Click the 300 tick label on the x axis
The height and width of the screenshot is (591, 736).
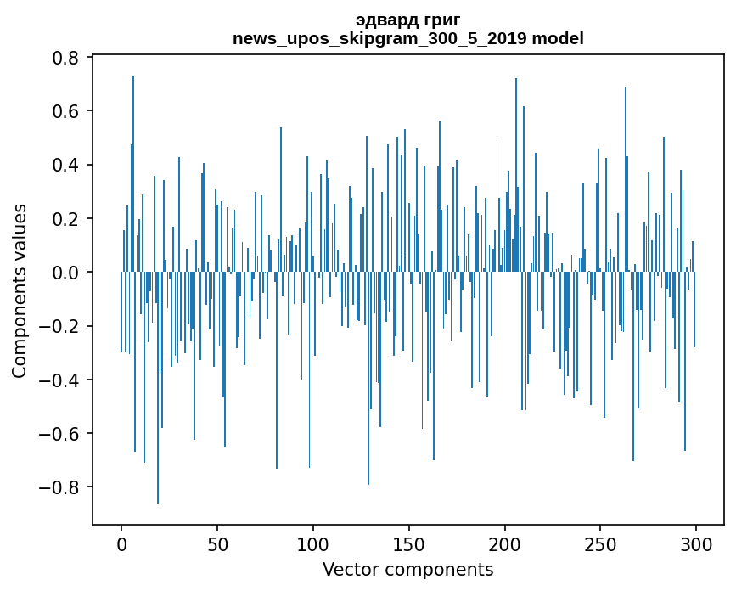point(696,543)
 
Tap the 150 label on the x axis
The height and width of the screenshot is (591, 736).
point(409,543)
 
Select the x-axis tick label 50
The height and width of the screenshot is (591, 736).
point(217,543)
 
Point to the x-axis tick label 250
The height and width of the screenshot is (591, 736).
point(601,543)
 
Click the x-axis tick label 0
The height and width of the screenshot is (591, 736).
point(121,543)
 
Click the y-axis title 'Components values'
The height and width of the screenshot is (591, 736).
point(20,290)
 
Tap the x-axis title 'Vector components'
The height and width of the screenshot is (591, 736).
point(407,570)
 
